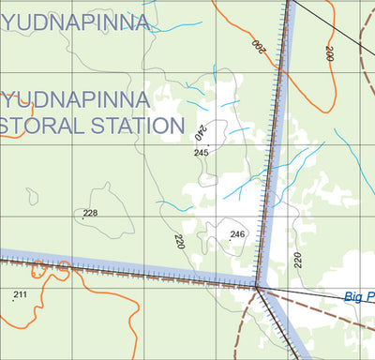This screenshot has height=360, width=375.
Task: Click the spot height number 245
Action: [x=201, y=152]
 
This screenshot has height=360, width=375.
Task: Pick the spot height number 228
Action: [x=90, y=213]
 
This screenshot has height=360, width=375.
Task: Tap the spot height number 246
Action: [x=237, y=234]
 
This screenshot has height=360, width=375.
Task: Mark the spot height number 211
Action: [x=21, y=295]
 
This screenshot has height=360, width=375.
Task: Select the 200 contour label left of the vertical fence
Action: [x=259, y=43]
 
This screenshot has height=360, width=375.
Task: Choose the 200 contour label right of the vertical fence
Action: [x=329, y=52]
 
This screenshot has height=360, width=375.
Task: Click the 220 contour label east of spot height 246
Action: [x=298, y=260]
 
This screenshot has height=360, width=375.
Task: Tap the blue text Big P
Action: [x=358, y=297]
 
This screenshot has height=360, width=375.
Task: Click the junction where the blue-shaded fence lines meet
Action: [x=257, y=286]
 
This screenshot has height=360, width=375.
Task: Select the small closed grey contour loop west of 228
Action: [x=33, y=196]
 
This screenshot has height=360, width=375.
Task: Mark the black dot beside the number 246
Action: [x=230, y=241]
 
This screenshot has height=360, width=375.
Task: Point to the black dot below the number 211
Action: [x=16, y=301]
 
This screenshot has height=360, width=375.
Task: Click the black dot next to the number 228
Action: [x=82, y=218]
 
